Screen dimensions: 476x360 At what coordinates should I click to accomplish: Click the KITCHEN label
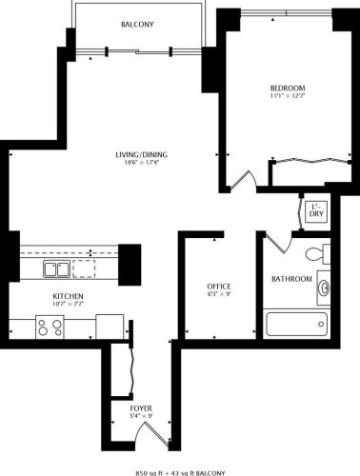click(x=68, y=296)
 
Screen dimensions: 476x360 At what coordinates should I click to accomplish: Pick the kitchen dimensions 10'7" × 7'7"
click(x=68, y=306)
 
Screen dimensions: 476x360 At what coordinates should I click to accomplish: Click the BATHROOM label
click(x=291, y=278)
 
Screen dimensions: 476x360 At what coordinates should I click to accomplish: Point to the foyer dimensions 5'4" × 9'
click(x=140, y=416)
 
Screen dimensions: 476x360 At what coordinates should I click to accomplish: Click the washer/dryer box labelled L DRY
click(x=315, y=210)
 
